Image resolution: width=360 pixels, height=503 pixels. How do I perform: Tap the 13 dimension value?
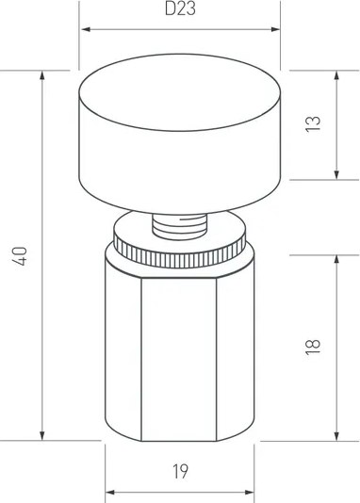[313, 123]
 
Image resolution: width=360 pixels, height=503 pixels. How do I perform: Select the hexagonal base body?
[179, 358]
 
